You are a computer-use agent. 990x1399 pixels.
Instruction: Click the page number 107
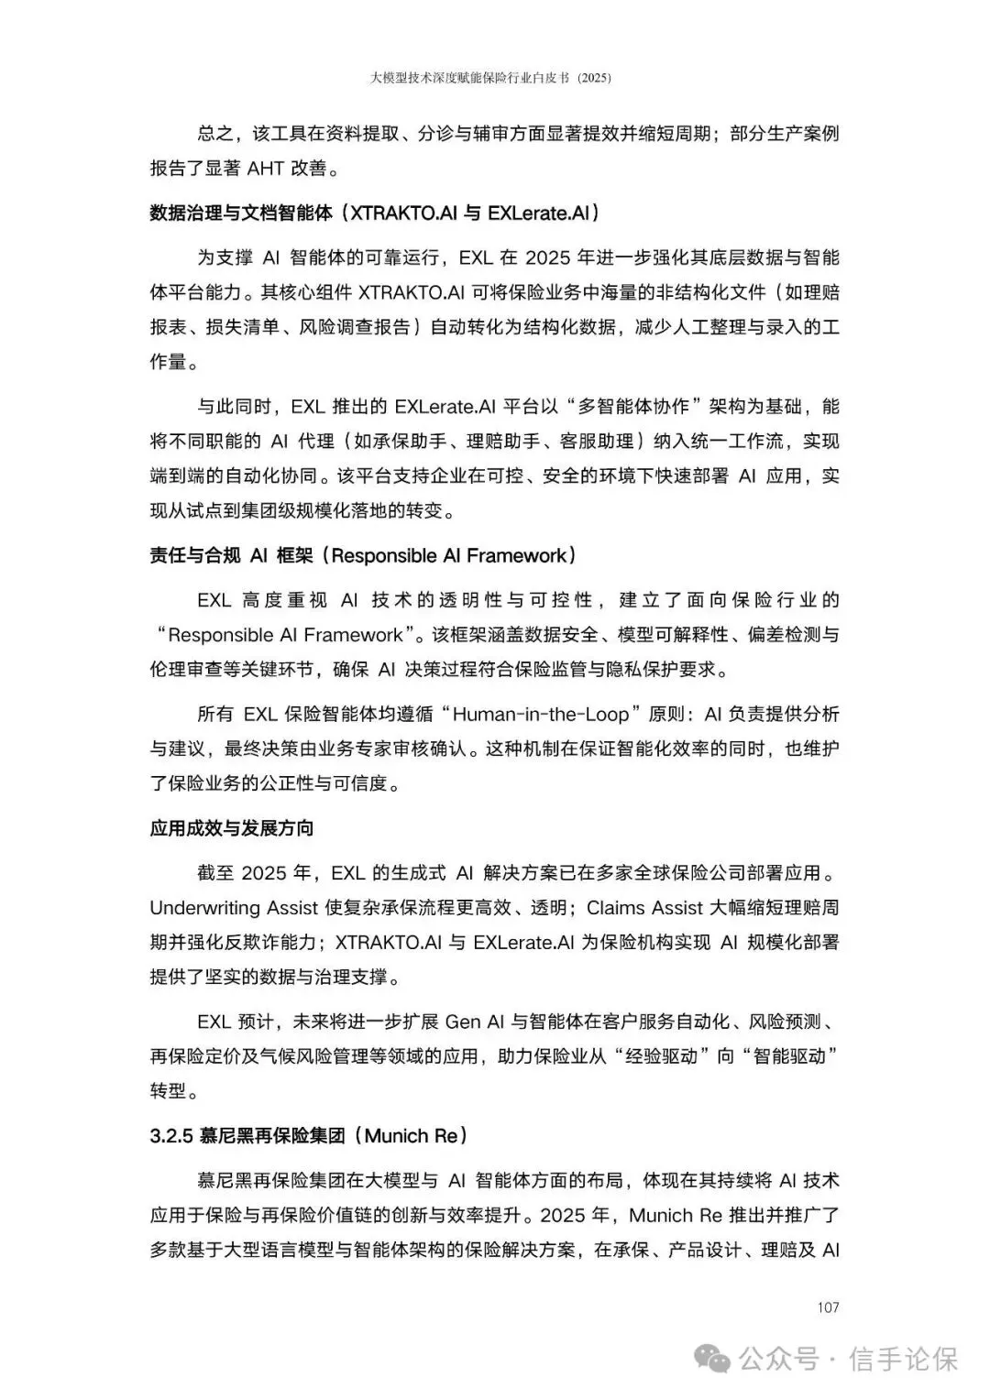coord(827,1307)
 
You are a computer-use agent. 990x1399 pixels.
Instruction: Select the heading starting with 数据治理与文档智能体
coord(375,213)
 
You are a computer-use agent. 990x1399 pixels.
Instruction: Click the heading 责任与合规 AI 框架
coord(363,555)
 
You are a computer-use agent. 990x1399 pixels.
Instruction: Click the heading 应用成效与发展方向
coord(232,828)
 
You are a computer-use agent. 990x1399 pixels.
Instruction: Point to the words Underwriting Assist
coord(234,908)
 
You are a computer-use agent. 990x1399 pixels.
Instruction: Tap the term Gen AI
coord(478,1022)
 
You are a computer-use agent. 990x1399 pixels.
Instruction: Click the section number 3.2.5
coord(171,1136)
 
